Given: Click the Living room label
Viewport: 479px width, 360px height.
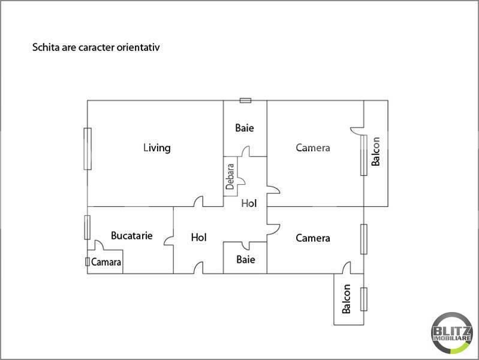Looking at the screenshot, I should click(157, 148).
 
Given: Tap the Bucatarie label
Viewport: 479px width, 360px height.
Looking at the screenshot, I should click(131, 236).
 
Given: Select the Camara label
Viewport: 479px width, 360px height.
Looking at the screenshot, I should click(107, 262).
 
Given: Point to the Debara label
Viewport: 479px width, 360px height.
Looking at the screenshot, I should click(230, 177).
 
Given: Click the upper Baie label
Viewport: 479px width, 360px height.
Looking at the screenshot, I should click(245, 128).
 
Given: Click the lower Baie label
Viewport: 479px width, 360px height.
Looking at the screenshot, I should click(245, 260).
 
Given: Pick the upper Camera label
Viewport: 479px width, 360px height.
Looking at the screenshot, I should click(313, 148).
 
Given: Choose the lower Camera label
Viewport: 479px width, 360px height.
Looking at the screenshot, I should click(313, 238).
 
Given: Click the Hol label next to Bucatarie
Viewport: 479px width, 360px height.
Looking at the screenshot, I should click(198, 238).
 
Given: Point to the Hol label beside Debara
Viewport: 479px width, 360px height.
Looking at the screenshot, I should click(249, 203).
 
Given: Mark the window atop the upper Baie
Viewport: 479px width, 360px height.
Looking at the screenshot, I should click(245, 100).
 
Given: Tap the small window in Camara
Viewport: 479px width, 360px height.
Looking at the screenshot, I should click(88, 262).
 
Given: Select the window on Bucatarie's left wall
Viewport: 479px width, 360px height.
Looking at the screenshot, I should click(88, 227).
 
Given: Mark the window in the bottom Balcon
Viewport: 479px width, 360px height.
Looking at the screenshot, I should click(363, 299).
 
